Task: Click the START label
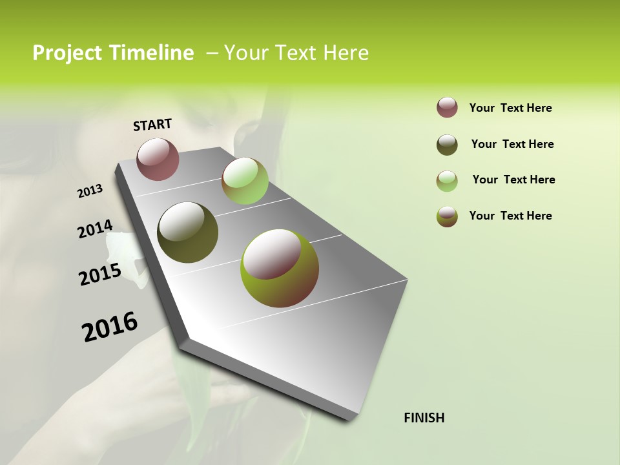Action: point(152,125)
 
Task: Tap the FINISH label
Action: point(424,418)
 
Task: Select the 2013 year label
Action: point(90,191)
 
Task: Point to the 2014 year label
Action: point(95,229)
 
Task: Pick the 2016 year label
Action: point(110,327)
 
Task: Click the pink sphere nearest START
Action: point(158,159)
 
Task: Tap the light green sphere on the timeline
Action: point(245,181)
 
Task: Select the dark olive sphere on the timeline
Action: point(188,232)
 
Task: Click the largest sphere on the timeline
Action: point(280,268)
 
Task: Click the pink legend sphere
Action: point(447,108)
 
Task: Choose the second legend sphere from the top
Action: point(447,145)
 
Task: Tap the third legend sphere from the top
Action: point(447,181)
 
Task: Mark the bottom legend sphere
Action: point(447,216)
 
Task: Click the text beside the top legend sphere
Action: point(510,108)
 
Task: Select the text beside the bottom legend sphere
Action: point(510,216)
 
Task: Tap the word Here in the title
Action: point(346,53)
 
